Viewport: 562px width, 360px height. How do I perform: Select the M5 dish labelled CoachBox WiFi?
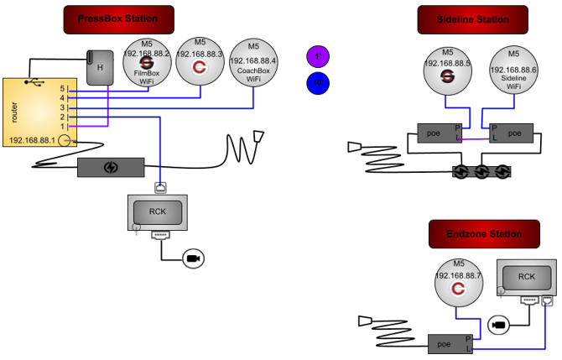pyautogui.click(x=253, y=61)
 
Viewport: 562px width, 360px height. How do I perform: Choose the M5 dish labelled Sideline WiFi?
pyautogui.click(x=513, y=68)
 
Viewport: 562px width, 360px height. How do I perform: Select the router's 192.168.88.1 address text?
pyautogui.click(x=32, y=139)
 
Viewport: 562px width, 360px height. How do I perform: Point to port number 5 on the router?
pyautogui.click(x=61, y=87)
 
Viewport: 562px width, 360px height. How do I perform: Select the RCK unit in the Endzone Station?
pyautogui.click(x=526, y=277)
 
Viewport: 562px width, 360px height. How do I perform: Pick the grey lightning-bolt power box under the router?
pyautogui.click(x=111, y=167)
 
